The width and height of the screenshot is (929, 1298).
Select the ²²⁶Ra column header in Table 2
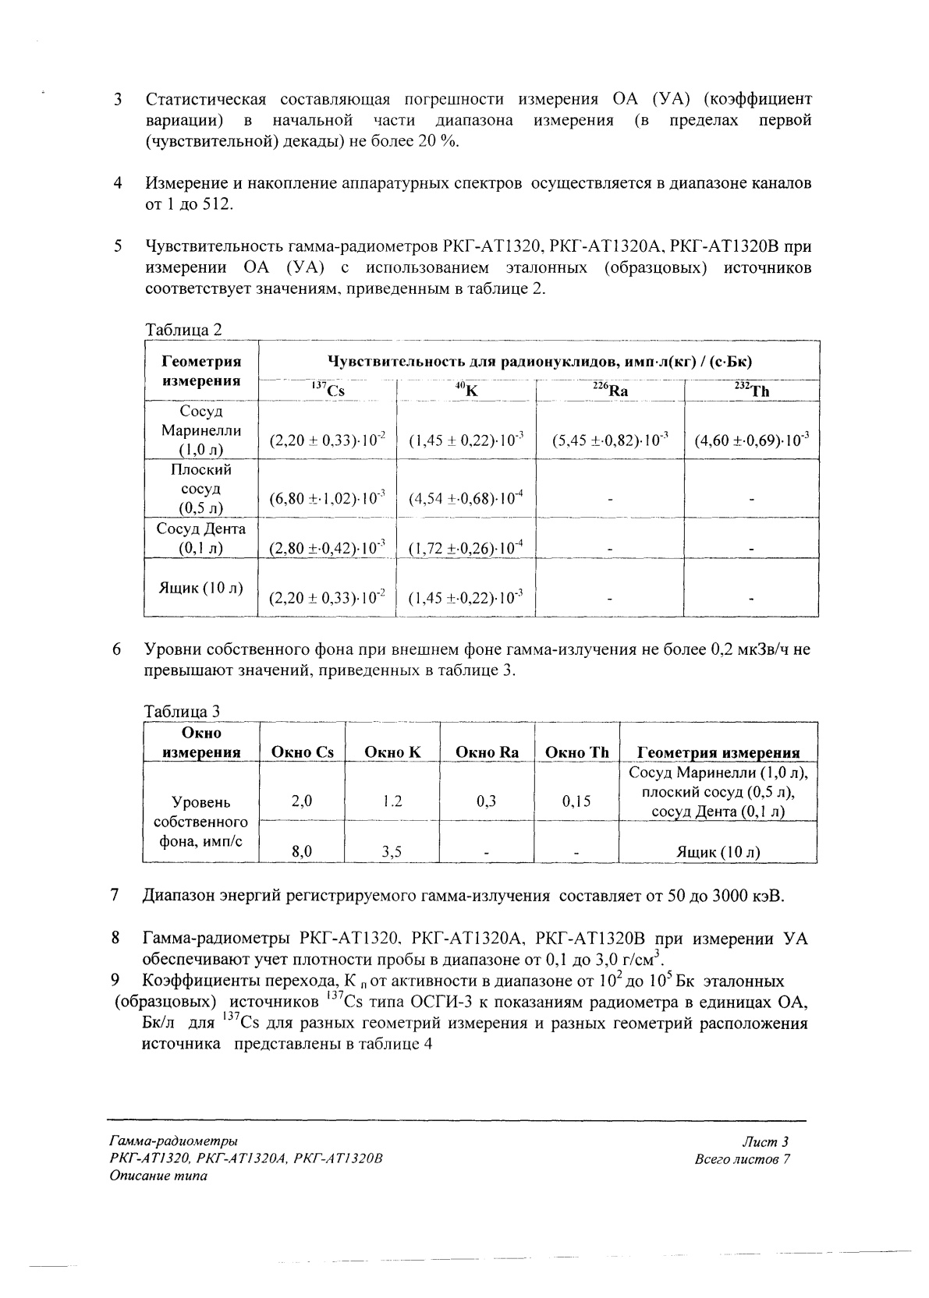tap(610, 391)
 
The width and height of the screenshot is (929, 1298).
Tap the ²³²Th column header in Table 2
tap(751, 391)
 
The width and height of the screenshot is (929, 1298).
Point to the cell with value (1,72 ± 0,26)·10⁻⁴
tap(466, 549)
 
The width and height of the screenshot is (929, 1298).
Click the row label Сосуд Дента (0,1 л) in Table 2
tap(201, 538)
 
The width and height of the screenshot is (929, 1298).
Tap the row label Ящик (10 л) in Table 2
tap(201, 588)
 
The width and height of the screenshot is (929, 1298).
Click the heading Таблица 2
tap(183, 330)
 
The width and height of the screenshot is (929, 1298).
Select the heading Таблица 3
tap(183, 711)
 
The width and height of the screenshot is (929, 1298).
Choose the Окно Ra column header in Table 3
tap(487, 752)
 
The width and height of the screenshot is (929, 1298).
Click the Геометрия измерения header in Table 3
tap(718, 752)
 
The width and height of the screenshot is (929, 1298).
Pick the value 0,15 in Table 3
tap(576, 801)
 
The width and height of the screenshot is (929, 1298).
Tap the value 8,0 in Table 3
tap(302, 852)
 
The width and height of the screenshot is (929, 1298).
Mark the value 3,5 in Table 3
tap(392, 852)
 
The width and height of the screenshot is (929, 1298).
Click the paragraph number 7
tap(115, 895)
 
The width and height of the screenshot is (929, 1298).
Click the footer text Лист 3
tap(766, 1142)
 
